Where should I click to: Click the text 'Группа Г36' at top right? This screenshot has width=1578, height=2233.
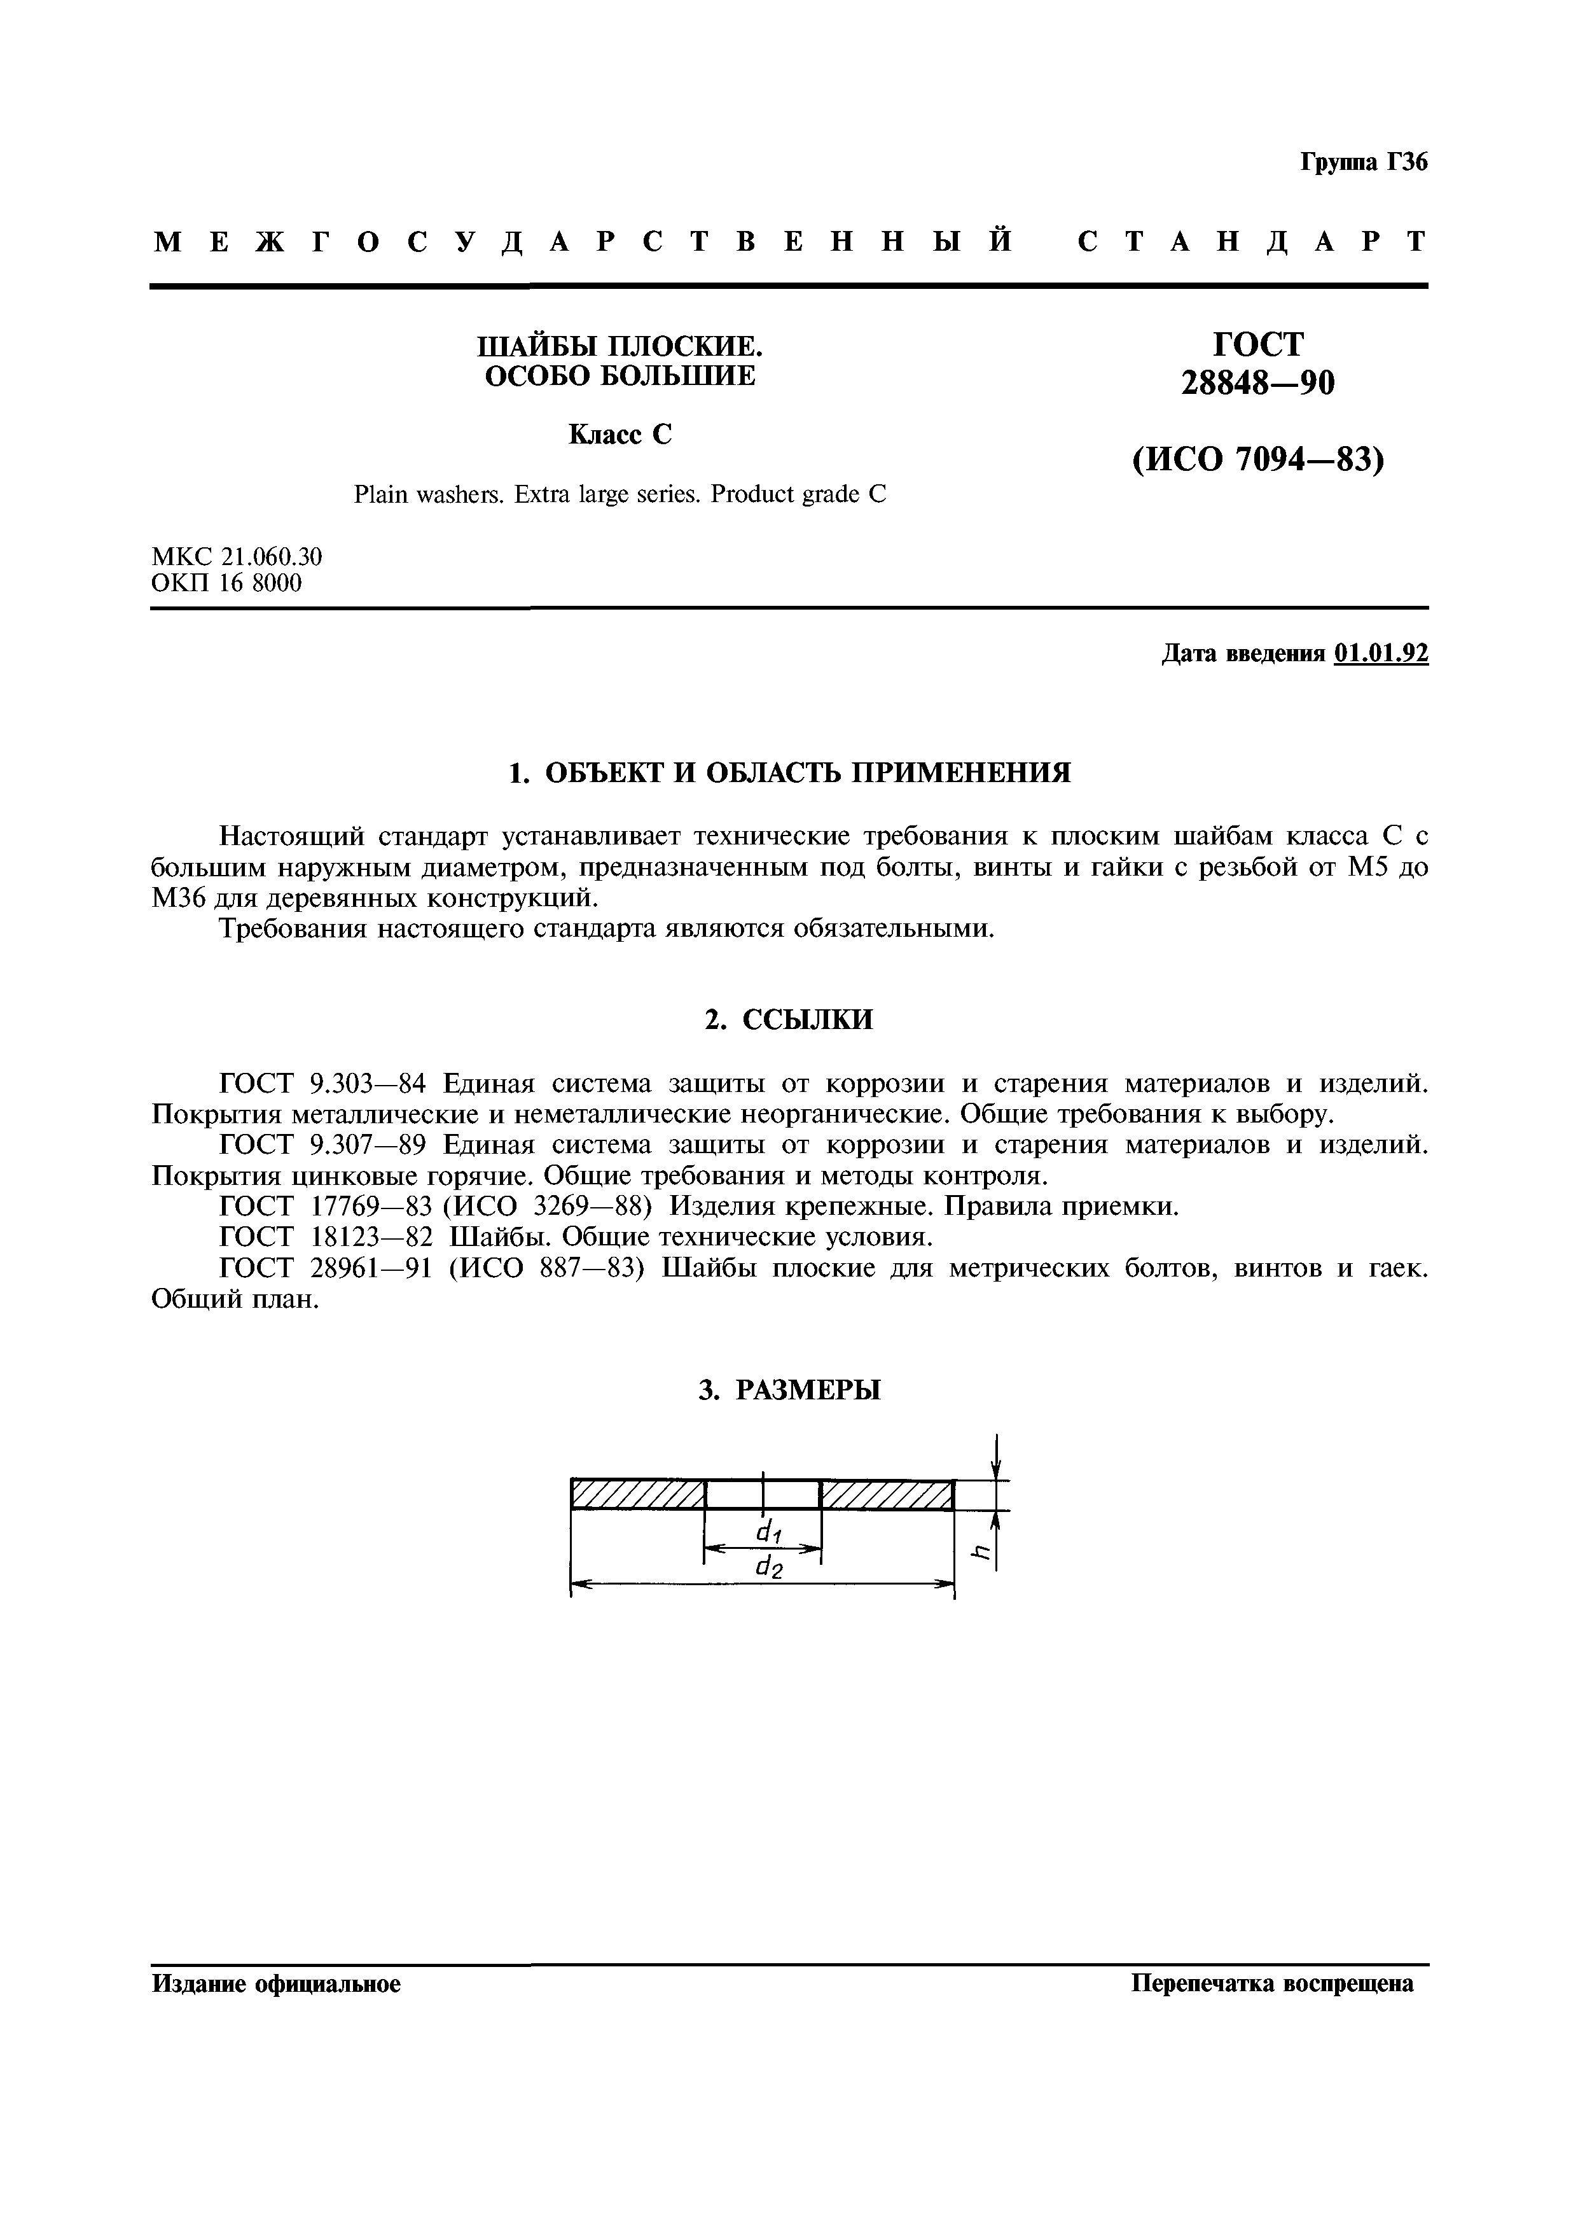(x=1363, y=162)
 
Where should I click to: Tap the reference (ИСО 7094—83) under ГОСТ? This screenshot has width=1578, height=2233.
(x=1257, y=459)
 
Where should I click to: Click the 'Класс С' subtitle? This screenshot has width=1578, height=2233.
(x=620, y=434)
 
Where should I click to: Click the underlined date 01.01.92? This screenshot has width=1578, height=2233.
(x=1381, y=654)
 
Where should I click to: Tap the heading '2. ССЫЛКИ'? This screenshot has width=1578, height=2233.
(x=789, y=1019)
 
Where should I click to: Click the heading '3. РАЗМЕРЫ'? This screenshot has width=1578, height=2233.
(x=789, y=1390)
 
